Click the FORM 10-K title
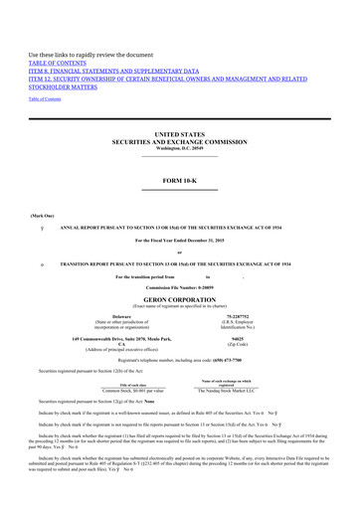(180, 180)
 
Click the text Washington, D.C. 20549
(180, 148)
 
